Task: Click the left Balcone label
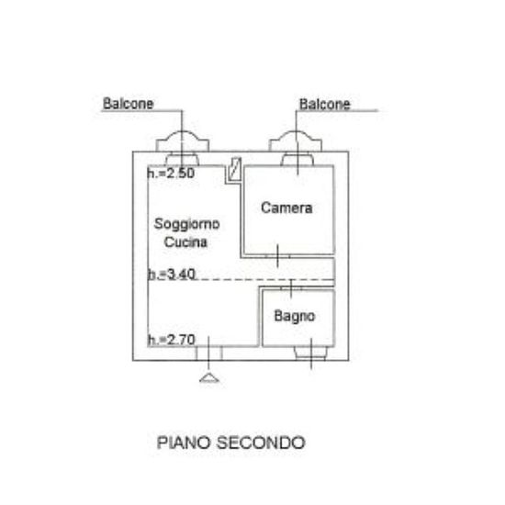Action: click(x=129, y=104)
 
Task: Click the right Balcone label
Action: click(x=325, y=105)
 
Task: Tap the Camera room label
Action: click(x=286, y=208)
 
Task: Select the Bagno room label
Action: click(x=295, y=316)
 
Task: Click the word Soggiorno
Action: click(x=186, y=224)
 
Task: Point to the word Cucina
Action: click(x=185, y=241)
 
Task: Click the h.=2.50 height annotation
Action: click(x=171, y=174)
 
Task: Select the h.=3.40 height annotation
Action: click(x=172, y=275)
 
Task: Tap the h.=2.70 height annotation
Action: click(x=172, y=340)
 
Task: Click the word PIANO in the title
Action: click(x=184, y=443)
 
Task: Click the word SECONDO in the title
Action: click(x=261, y=443)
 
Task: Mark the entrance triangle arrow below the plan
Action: click(x=209, y=378)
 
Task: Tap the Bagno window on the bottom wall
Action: click(x=311, y=353)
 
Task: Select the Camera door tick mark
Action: click(x=277, y=256)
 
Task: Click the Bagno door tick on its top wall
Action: click(x=291, y=288)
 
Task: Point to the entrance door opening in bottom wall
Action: click(x=209, y=353)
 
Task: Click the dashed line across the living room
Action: click(x=241, y=279)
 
